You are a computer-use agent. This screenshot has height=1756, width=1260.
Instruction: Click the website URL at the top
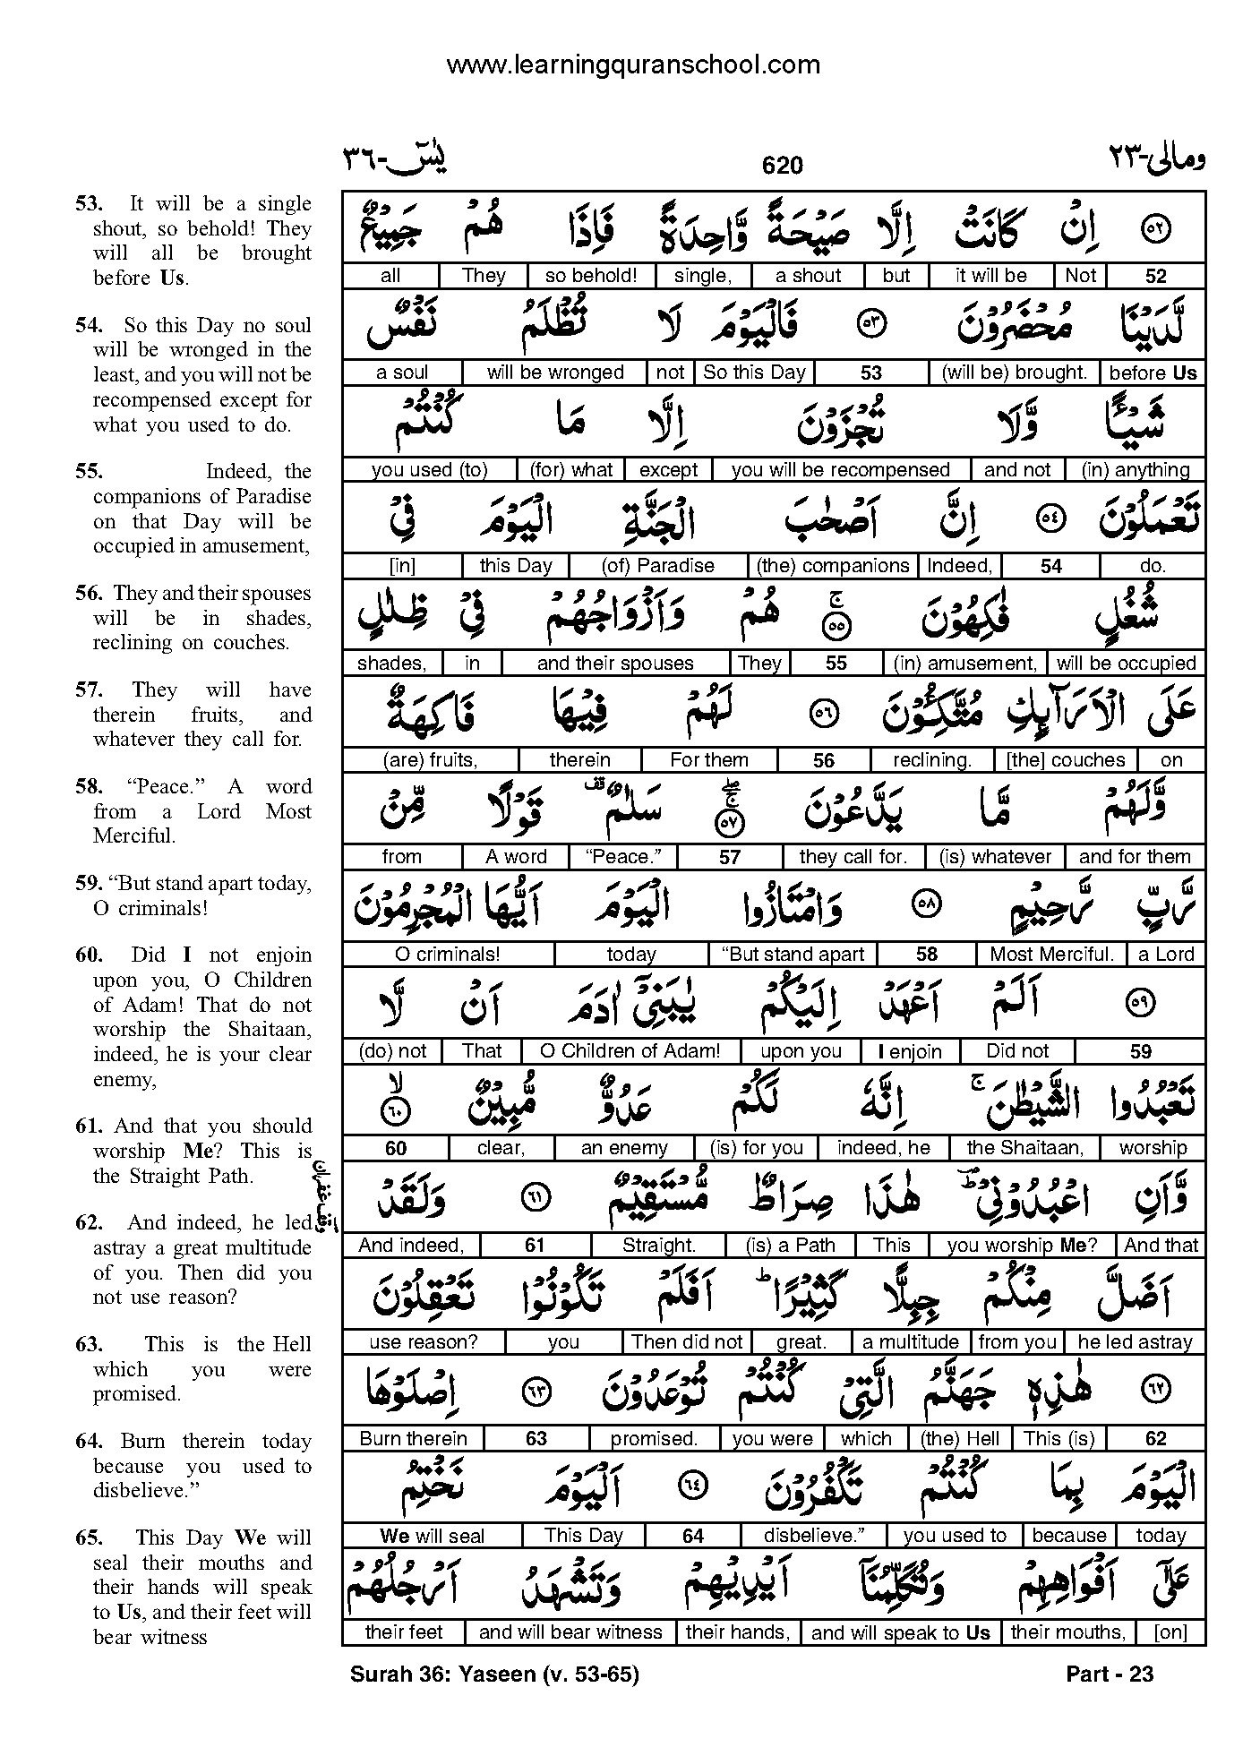(632, 64)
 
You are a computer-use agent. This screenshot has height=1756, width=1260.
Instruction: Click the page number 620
(782, 166)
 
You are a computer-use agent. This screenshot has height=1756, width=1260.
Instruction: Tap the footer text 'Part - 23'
(1110, 1674)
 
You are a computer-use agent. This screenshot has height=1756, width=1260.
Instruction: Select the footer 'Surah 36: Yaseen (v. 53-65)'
(495, 1674)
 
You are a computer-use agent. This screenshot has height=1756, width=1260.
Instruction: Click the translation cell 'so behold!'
(591, 276)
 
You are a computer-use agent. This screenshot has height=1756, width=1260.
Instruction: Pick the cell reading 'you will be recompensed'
(840, 469)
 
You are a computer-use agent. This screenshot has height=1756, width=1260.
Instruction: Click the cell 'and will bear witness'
(570, 1632)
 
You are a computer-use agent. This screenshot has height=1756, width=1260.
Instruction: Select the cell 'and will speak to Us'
(900, 1632)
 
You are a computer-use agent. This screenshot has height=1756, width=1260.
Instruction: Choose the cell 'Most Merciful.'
(1051, 955)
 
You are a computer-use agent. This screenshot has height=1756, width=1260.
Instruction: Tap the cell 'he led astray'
(1135, 1342)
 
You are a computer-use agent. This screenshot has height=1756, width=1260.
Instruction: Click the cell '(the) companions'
(833, 566)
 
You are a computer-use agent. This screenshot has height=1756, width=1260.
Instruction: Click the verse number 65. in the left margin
(89, 1538)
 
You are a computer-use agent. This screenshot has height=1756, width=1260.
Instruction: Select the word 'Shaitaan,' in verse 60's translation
(269, 1030)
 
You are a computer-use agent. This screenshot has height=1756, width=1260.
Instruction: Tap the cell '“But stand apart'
(793, 955)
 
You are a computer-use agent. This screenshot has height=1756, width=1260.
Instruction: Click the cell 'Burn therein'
(413, 1439)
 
